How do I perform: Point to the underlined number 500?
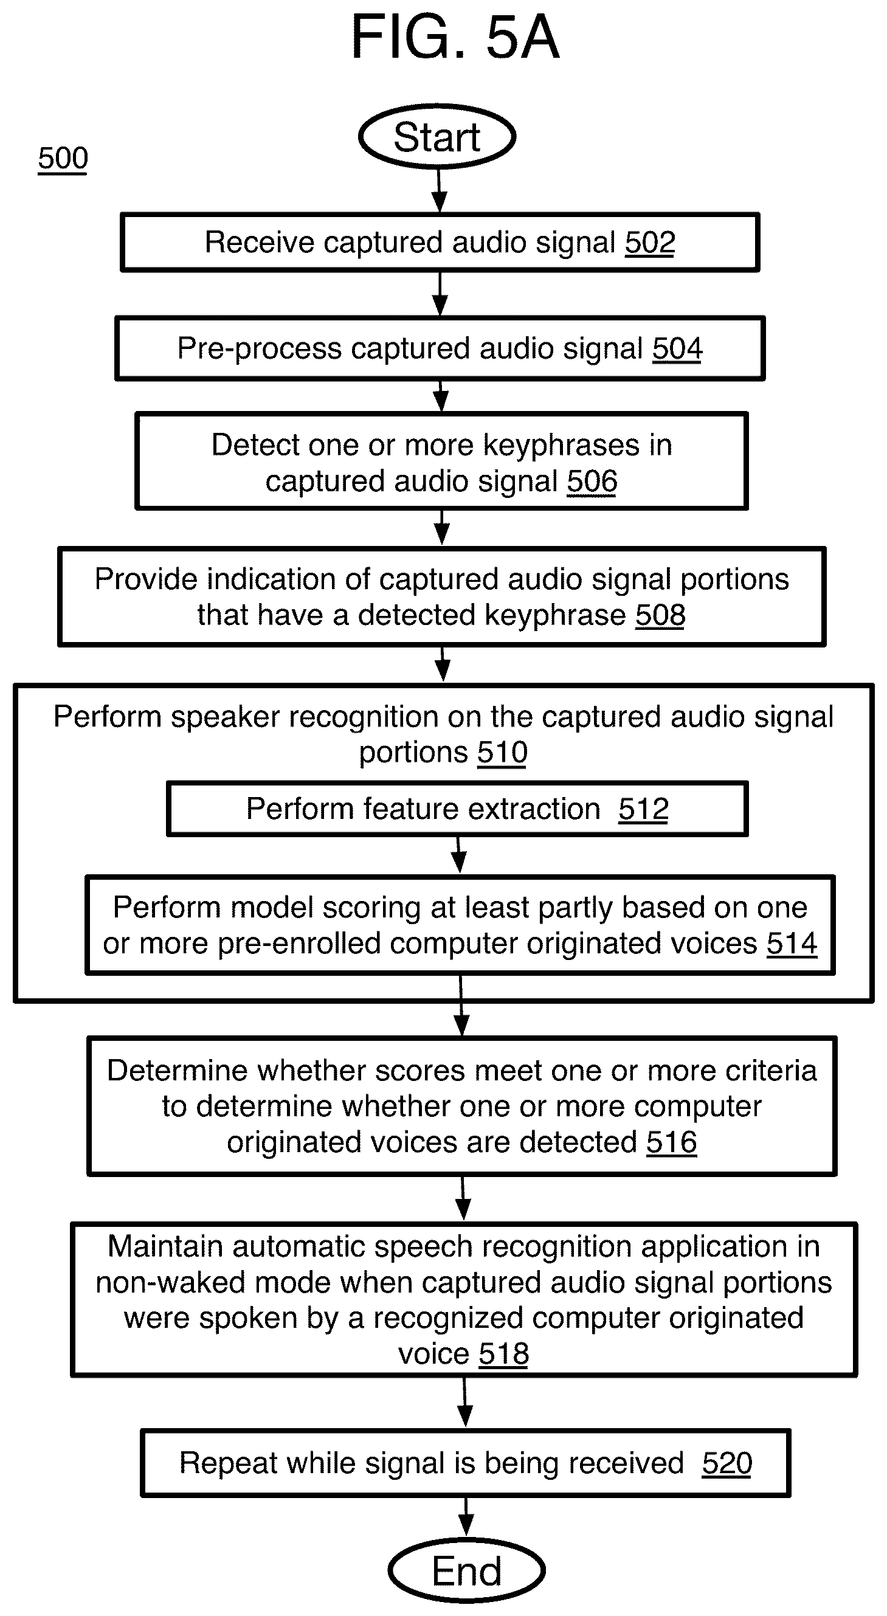63,158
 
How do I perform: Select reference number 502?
650,242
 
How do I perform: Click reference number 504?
677,348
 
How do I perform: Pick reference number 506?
592,481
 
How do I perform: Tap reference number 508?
660,615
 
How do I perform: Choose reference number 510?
502,751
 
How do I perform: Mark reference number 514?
792,943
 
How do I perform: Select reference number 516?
671,1142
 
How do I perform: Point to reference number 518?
504,1354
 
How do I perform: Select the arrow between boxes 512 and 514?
459,854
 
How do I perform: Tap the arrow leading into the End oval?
466,1517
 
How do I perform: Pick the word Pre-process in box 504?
258,348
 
